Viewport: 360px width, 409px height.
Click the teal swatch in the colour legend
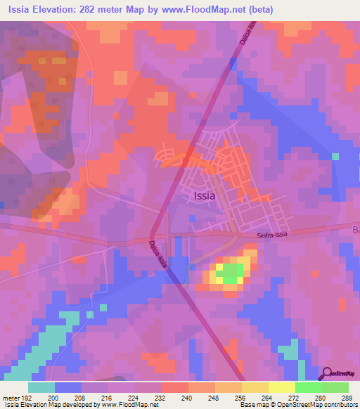click(41, 387)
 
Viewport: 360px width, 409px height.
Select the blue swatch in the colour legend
click(68, 387)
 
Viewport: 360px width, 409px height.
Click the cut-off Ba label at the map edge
click(355, 230)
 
